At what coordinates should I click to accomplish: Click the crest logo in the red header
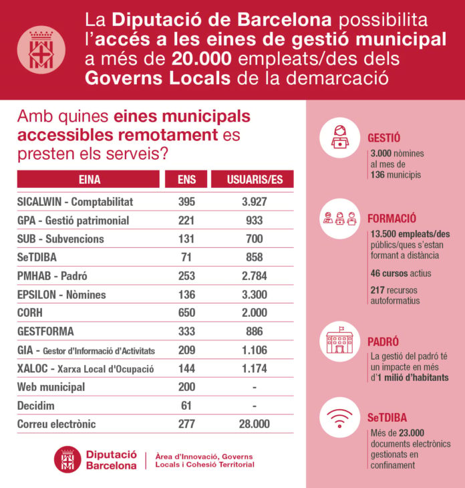click(x=42, y=50)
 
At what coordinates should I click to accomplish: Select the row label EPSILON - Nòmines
click(x=61, y=294)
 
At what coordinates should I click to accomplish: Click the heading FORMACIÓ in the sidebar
click(x=392, y=218)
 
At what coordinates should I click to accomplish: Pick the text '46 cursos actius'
click(x=400, y=273)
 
